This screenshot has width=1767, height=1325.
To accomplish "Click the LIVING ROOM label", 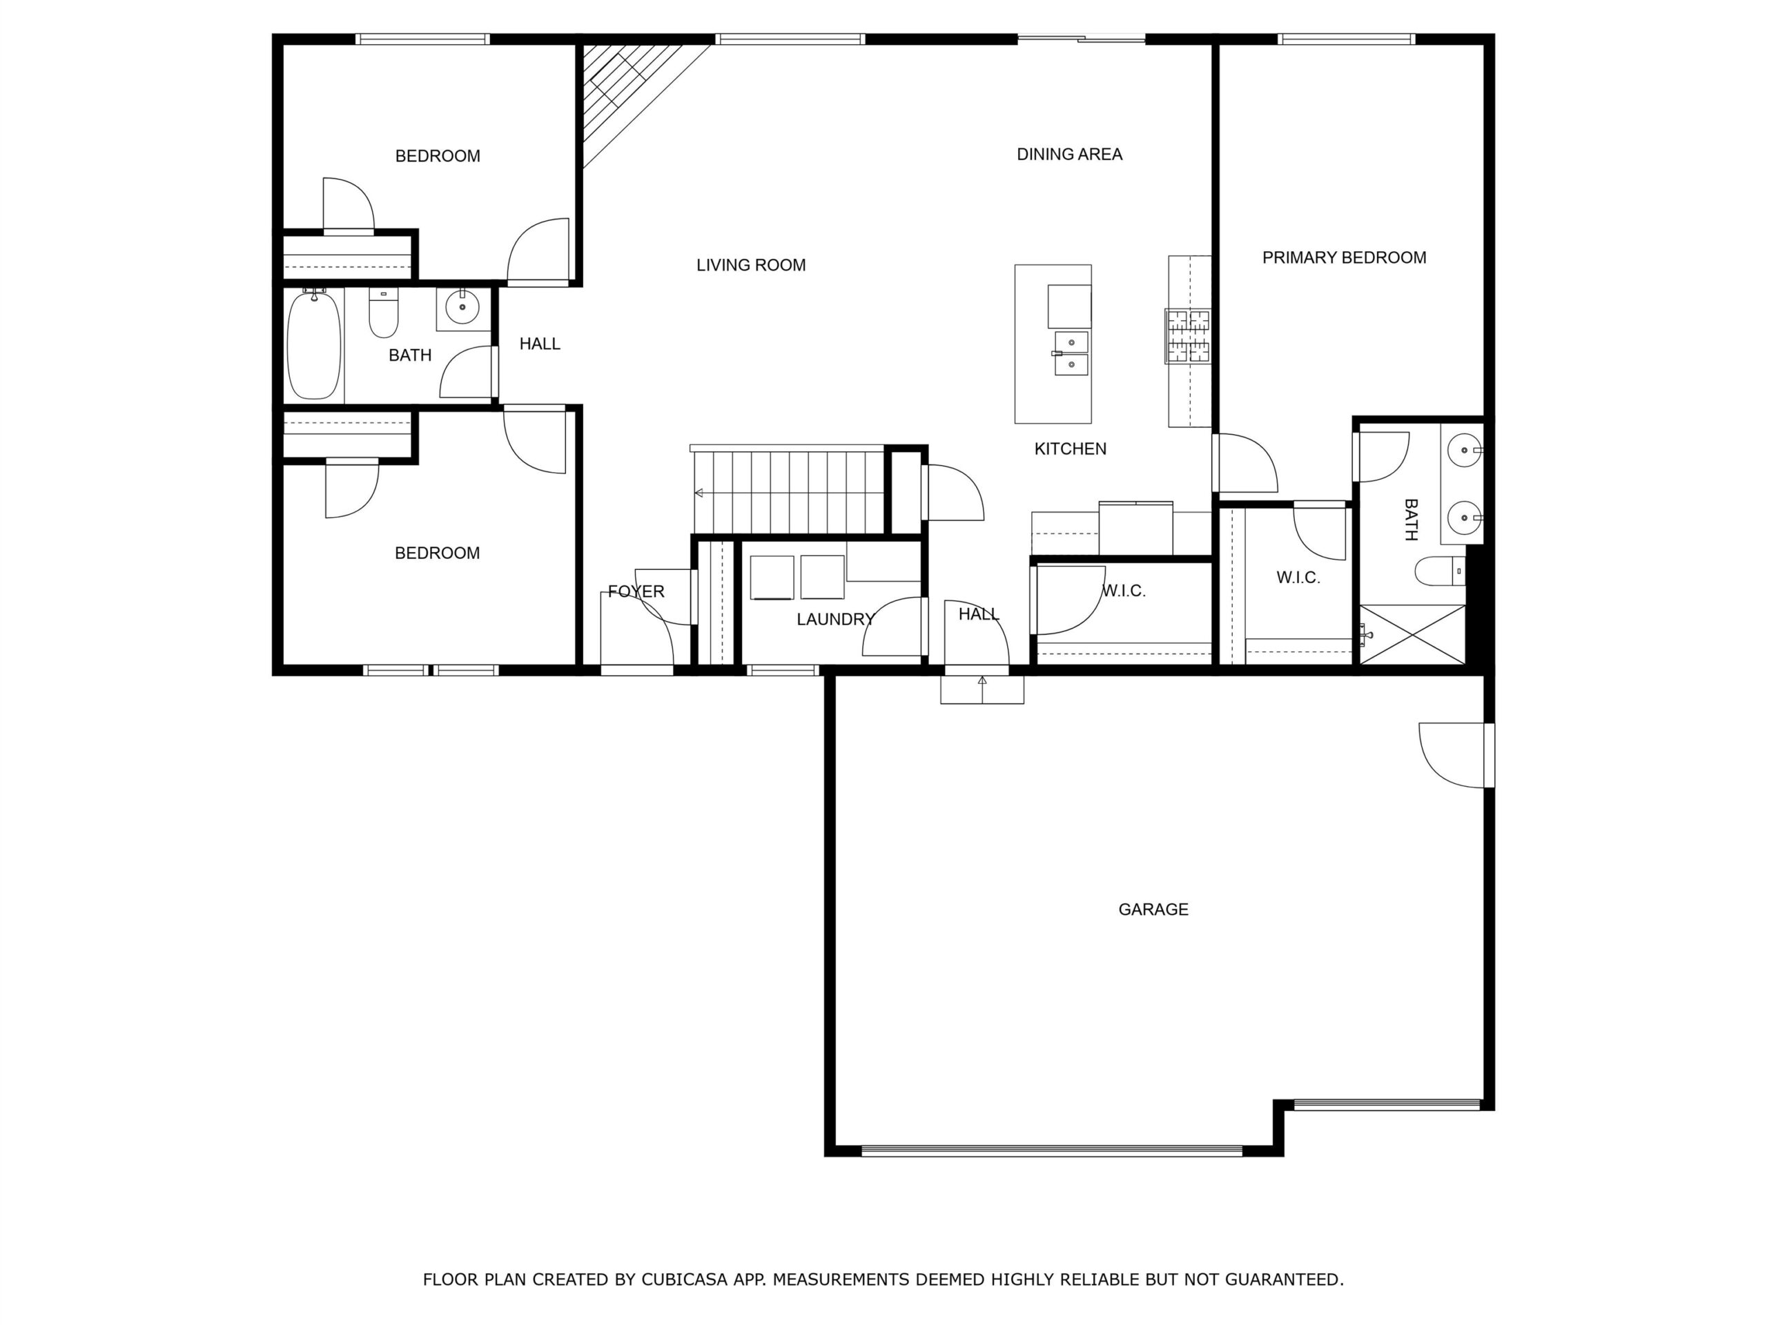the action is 751,265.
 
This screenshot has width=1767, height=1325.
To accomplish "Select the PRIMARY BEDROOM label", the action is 1344,257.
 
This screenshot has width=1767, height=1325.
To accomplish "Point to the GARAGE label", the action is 1153,909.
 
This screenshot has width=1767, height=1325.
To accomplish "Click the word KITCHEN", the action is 1070,449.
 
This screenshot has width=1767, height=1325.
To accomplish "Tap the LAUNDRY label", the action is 836,619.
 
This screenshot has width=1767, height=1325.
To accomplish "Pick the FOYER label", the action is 636,591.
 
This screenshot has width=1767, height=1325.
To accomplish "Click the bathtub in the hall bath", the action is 314,344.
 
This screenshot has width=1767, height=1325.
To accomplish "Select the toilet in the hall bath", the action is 384,313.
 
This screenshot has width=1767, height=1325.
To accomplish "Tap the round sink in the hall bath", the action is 462,306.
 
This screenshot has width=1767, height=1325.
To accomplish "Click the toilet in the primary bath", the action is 1441,571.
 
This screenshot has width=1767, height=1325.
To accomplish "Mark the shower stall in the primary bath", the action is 1412,634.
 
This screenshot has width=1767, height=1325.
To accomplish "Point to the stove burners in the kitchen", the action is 1188,336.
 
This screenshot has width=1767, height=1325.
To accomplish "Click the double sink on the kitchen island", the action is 1071,353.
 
